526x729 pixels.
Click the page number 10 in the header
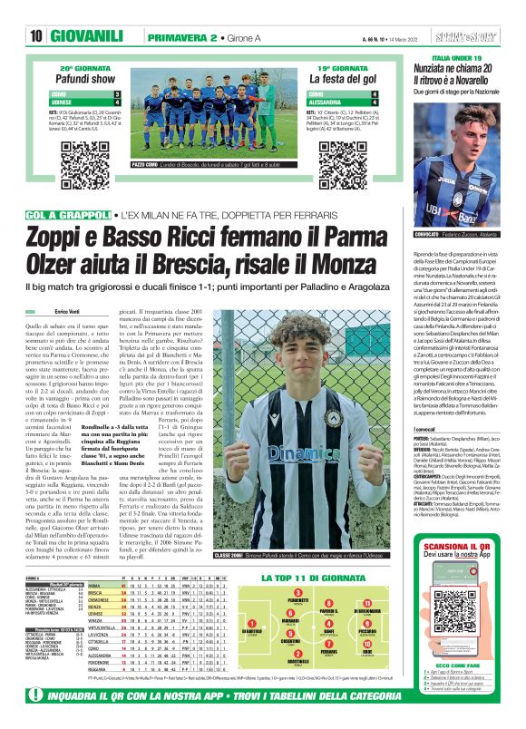(35, 36)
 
